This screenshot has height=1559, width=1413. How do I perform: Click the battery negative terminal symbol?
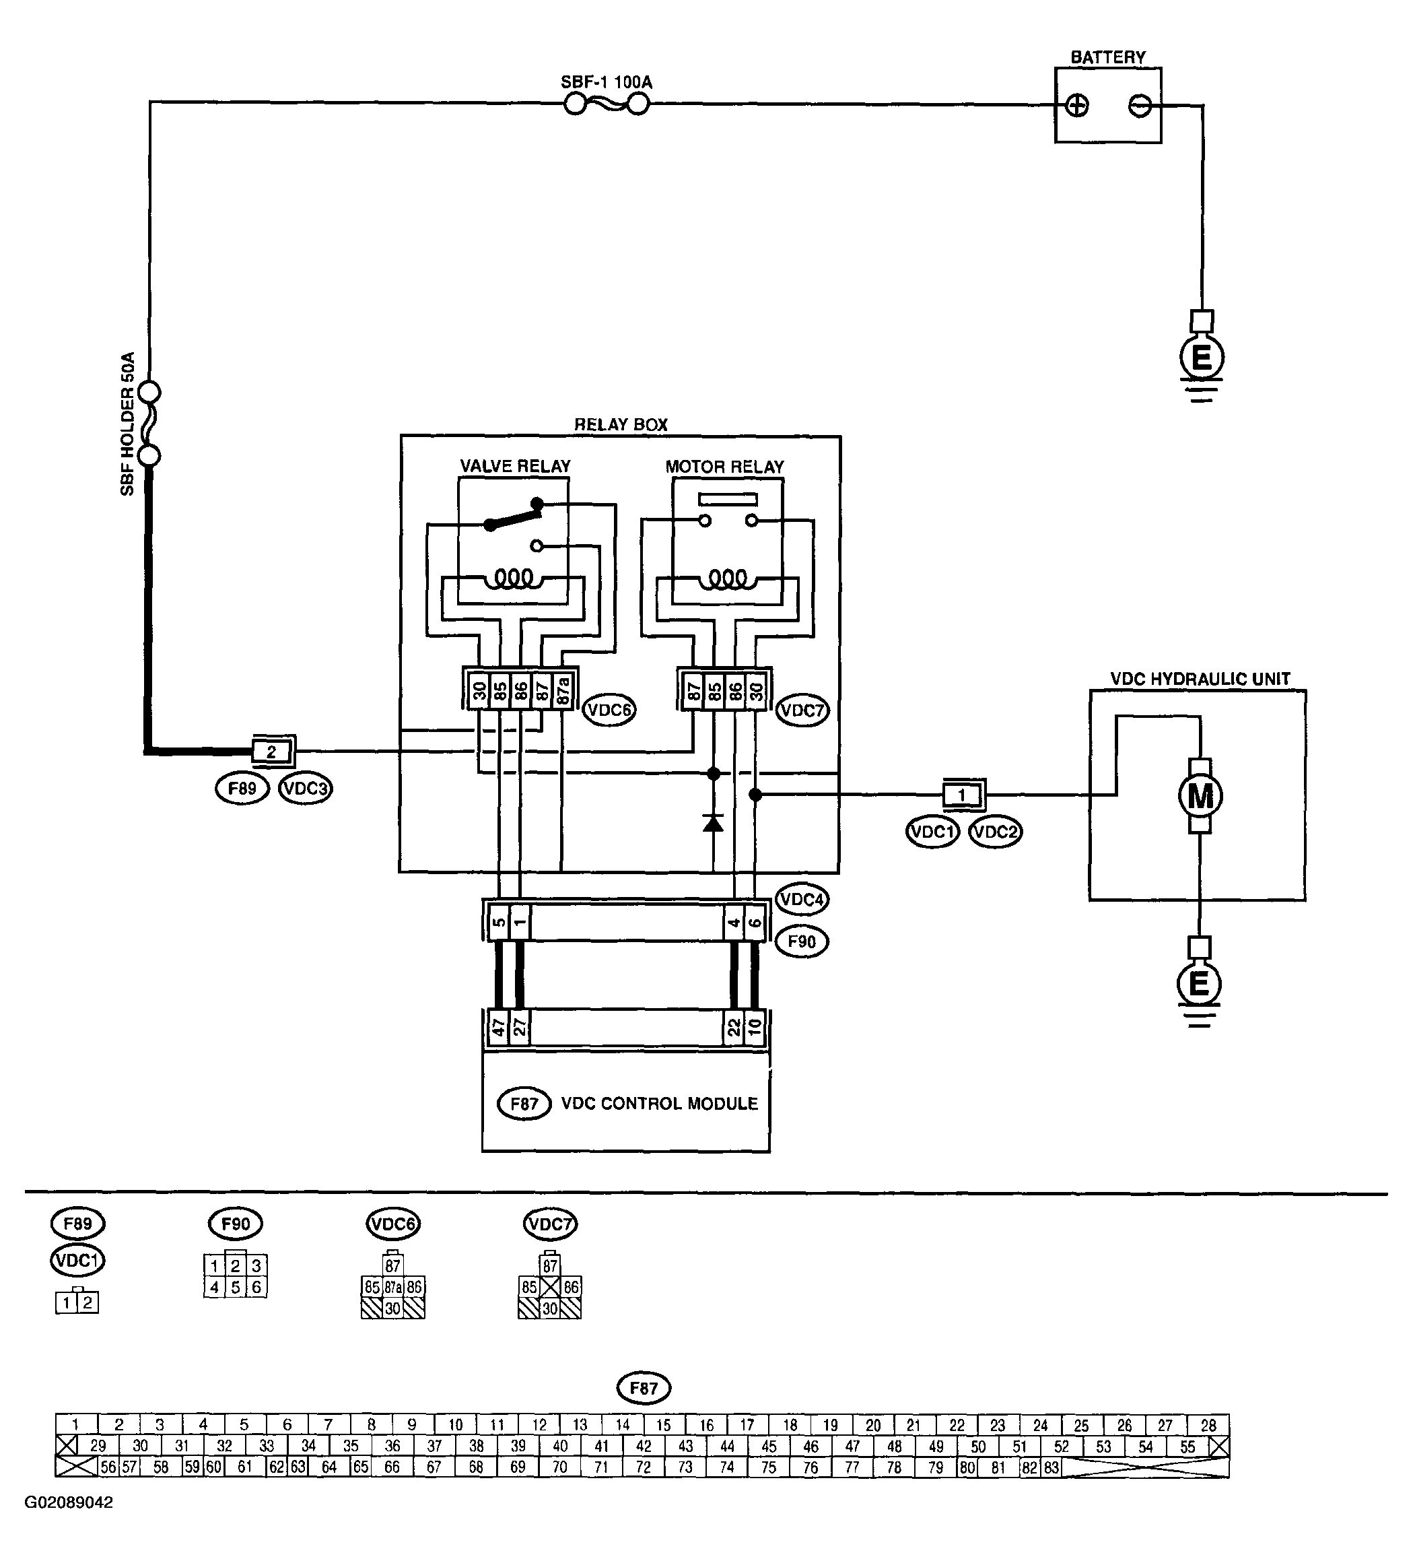coord(1140,105)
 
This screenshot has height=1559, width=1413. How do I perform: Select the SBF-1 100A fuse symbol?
coord(606,103)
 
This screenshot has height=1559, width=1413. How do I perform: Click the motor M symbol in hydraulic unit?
coord(1199,795)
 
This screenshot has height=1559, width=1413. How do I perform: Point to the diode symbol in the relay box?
coord(713,823)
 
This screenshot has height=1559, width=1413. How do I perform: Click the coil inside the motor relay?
coord(728,578)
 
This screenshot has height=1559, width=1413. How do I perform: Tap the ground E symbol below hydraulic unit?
coord(1199,984)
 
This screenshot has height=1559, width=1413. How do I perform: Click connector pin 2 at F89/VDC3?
coord(271,751)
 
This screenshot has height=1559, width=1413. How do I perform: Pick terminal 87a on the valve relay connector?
coord(563,688)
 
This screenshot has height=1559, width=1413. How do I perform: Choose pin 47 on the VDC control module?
coord(499,1027)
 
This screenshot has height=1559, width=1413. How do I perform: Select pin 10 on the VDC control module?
coord(755,1027)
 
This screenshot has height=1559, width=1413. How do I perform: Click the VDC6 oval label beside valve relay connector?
coord(609,710)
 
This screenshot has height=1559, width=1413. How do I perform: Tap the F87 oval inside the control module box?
coord(524,1104)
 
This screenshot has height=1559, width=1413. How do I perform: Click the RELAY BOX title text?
coord(621,424)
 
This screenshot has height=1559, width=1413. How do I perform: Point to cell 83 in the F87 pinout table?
coord(1052,1466)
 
